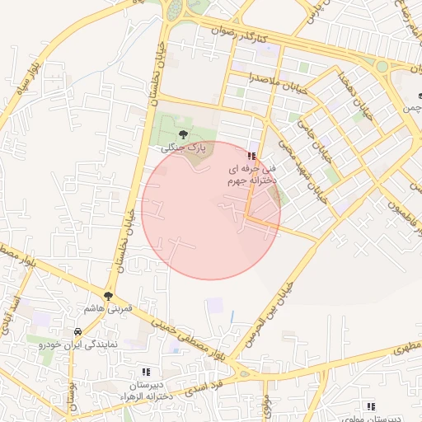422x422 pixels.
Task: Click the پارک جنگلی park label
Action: (x=183, y=148)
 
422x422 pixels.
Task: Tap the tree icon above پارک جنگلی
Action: (x=183, y=134)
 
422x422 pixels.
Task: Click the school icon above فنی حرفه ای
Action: (x=251, y=156)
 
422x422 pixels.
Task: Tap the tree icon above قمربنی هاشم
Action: (x=108, y=294)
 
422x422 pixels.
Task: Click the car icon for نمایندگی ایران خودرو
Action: (x=76, y=331)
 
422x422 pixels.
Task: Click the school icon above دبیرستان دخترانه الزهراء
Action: (x=146, y=372)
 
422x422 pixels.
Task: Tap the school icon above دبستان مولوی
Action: (x=372, y=406)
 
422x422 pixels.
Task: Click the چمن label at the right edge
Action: (x=411, y=108)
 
